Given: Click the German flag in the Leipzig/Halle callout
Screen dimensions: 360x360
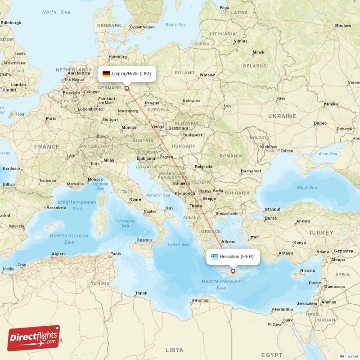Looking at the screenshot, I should pos(106,74).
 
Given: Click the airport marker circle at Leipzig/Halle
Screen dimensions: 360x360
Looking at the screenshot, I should pos(127,89).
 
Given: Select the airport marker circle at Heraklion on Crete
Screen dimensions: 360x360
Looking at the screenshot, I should pos(233,271).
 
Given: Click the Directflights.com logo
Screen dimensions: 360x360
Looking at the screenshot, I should pos(34,338).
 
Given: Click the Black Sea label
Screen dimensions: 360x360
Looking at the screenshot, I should pos(306,188).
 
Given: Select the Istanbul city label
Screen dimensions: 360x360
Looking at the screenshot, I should pos(272,209).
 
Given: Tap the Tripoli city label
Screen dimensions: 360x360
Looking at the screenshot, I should pos(141,293).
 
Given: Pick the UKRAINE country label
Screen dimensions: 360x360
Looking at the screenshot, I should pos(282,116).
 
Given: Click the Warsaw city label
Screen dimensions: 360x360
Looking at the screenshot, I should pos(207,75).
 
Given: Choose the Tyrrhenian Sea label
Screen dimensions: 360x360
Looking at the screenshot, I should pos(125,223).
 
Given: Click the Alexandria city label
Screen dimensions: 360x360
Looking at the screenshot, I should pos(283,309).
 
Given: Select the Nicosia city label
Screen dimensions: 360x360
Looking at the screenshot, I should pos(307,270).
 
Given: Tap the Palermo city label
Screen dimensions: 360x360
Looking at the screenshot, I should pos(144,240).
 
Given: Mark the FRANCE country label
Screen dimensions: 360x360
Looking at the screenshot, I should pos(47,147).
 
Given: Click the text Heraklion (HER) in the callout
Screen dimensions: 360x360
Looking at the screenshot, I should pos(236,257).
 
